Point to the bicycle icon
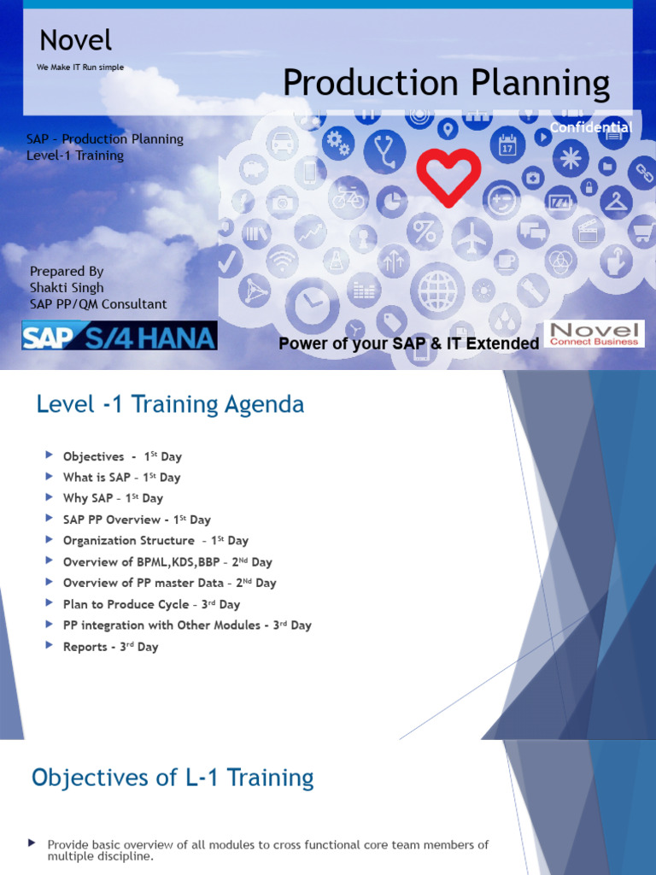[x=348, y=197]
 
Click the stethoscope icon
[x=384, y=151]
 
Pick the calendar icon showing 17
[x=507, y=145]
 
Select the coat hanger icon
[x=615, y=202]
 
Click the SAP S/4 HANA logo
[x=120, y=335]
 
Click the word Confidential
[x=590, y=127]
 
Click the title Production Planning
[x=446, y=83]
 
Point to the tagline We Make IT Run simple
[x=80, y=68]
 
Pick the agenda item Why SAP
[x=113, y=498]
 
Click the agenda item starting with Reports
[x=110, y=647]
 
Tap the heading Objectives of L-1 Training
[x=173, y=778]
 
